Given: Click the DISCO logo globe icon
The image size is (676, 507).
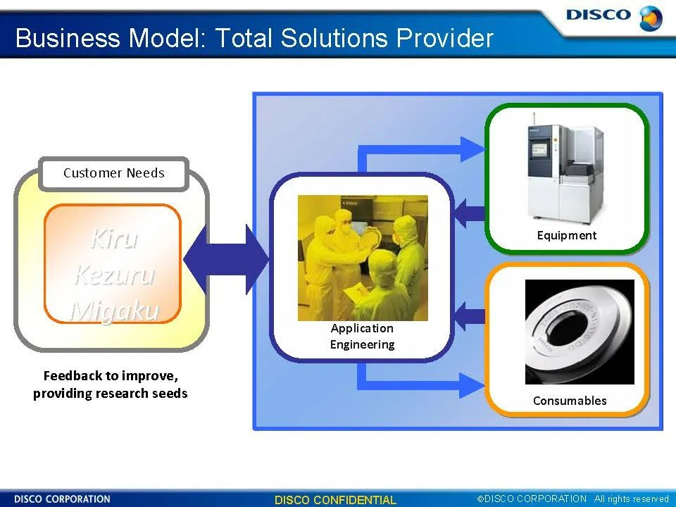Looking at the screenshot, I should click(650, 18).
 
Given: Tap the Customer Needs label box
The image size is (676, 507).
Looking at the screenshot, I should click(114, 173).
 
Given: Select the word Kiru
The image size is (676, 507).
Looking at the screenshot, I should click(113, 239).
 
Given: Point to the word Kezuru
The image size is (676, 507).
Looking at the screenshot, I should click(113, 274).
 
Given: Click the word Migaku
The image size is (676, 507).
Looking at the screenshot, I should click(113, 310).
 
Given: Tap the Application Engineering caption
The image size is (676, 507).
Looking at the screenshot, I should click(362, 337).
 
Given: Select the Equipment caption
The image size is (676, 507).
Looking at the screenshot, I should click(566, 235).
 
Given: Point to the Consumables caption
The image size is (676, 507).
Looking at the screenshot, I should click(569, 401).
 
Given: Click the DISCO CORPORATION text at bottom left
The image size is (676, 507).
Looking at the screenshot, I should click(62, 499).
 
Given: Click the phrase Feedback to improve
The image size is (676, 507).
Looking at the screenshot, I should click(111, 375).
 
